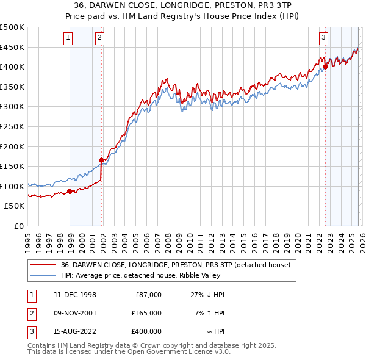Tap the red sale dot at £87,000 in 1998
coord(70,191)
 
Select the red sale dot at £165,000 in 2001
coord(101,160)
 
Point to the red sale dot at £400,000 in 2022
coord(325,67)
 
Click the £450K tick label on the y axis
coord(12,47)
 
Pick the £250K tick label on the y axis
coord(12,126)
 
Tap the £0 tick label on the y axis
coord(18,226)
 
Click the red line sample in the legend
coord(43,265)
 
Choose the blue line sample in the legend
coord(43,275)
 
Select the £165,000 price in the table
coord(147,312)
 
